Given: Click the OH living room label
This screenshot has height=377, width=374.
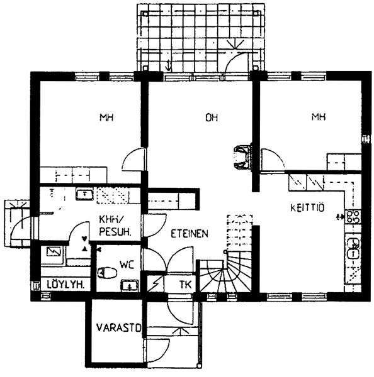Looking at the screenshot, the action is click(212, 117).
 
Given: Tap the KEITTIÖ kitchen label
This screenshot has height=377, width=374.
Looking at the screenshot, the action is click(307, 208).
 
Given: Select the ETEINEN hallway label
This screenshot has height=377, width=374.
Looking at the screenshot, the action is click(190, 234).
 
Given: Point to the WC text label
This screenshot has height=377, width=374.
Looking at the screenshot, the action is click(127, 265).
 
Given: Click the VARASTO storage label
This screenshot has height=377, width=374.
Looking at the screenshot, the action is click(118, 327).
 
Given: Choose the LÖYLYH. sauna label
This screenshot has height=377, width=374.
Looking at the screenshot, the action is click(65, 285).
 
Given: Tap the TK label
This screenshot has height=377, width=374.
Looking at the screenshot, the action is click(185, 285).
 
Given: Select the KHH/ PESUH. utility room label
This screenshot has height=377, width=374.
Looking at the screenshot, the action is click(115, 226).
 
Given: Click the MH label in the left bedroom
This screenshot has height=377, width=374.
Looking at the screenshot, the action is click(106, 117).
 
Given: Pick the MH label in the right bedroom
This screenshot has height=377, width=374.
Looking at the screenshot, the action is click(319, 117).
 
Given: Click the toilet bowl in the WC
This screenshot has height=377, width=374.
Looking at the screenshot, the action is click(107, 273).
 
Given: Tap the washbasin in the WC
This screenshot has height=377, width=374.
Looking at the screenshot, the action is click(130, 286).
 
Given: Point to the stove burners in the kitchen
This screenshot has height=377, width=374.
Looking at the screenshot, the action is click(353, 217).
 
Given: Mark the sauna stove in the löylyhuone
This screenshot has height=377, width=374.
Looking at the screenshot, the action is click(54, 252).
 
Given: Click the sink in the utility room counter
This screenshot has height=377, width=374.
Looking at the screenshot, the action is click(84, 194).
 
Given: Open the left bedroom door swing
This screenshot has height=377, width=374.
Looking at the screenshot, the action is click(133, 159).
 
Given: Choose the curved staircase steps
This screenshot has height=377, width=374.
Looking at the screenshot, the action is click(225, 276).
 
